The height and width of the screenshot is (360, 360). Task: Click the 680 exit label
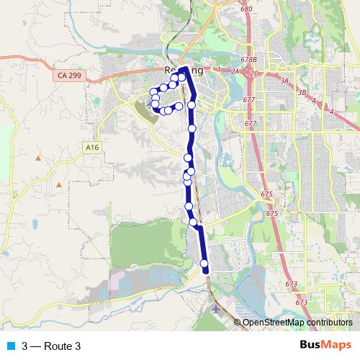pyautogui.click(x=247, y=9)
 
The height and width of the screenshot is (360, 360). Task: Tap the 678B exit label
pyautogui.click(x=249, y=59)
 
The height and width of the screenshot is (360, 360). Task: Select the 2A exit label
pyautogui.click(x=235, y=72)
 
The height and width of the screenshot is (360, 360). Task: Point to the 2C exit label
pyautogui.click(x=254, y=73)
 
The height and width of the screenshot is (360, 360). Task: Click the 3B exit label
pyautogui.click(x=302, y=92)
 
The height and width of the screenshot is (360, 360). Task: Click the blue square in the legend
pyautogui.click(x=11, y=346)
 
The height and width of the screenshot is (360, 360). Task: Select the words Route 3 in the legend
pyautogui.click(x=62, y=346)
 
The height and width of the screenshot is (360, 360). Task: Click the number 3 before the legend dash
pyautogui.click(x=25, y=346)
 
